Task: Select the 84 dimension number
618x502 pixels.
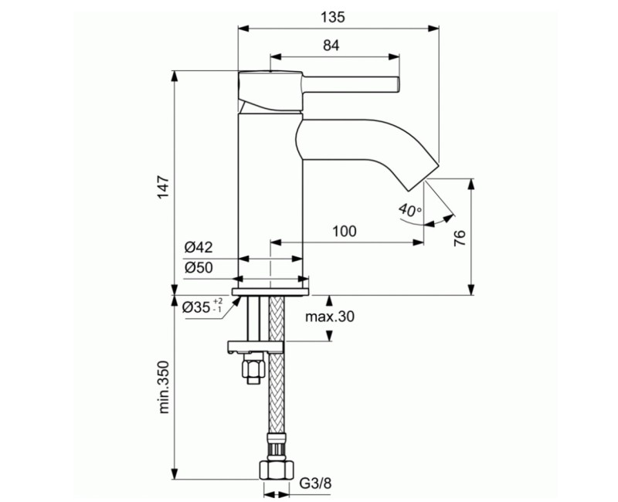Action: click(x=331, y=46)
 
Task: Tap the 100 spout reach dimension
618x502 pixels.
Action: click(x=345, y=231)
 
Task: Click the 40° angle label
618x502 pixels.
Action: click(x=410, y=209)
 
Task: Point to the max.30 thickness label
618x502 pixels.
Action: click(x=330, y=317)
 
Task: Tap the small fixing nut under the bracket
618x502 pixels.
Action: click(x=250, y=369)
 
